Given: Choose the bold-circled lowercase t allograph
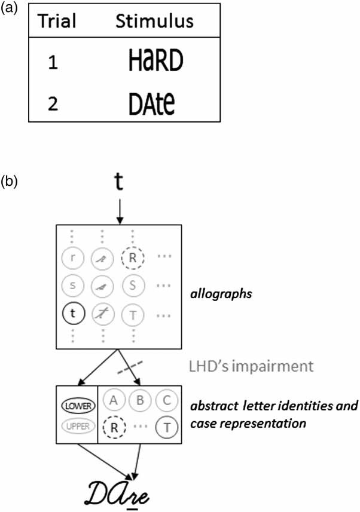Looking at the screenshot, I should (x=73, y=311).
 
